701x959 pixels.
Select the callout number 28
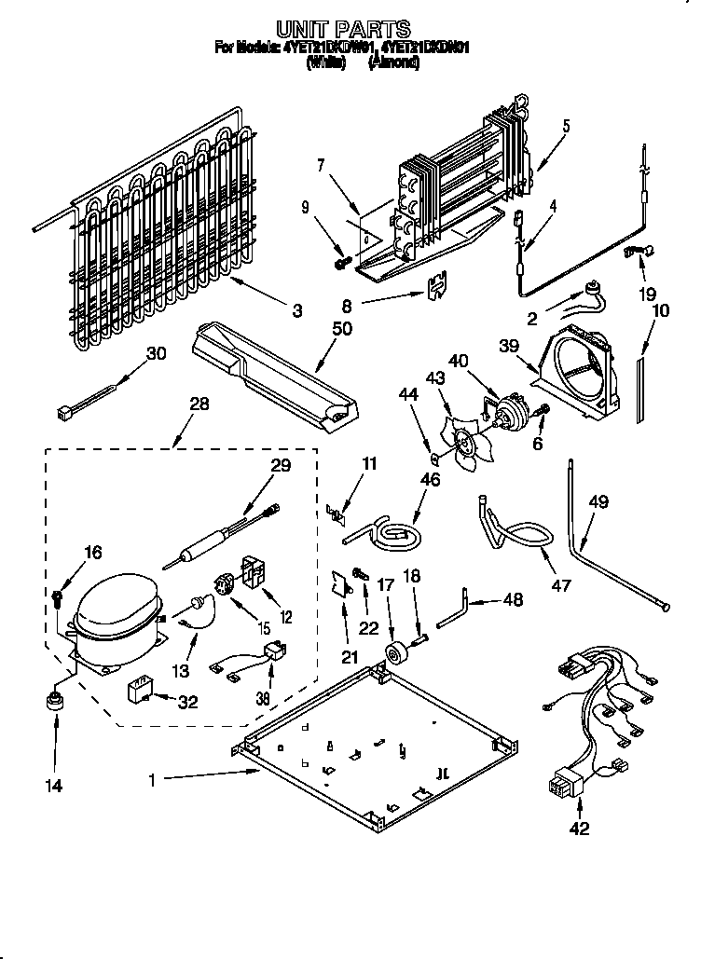tap(199, 404)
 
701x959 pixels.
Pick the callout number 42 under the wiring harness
tap(580, 829)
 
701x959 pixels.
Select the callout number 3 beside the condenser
tap(296, 311)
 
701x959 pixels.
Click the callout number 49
tap(598, 502)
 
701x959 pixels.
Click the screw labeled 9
tap(341, 263)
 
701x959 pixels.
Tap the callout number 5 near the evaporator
tap(566, 126)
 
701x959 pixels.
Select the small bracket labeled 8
tap(433, 288)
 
